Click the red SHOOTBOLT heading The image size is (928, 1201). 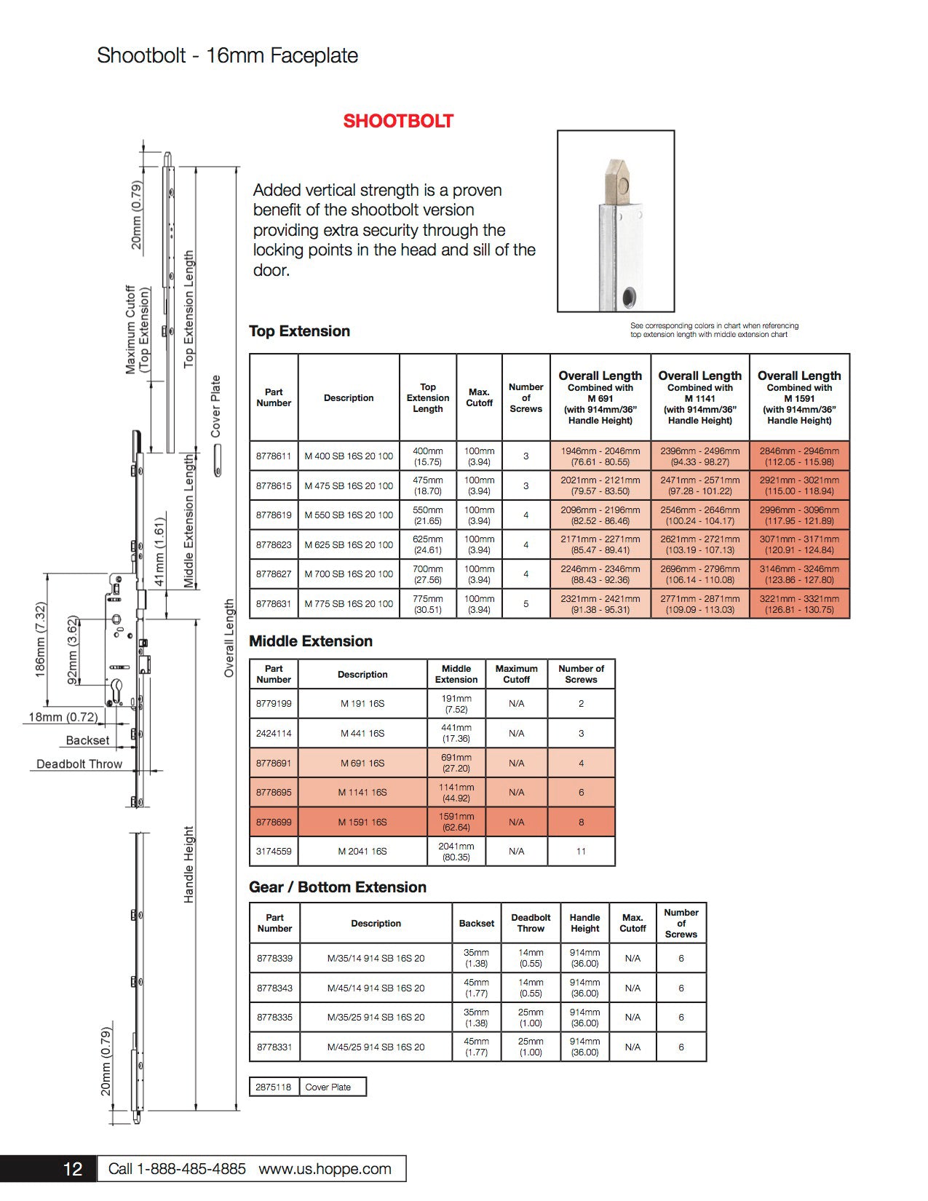click(398, 121)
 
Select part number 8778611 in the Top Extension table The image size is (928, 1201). click(274, 456)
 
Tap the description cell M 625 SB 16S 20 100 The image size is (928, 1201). click(349, 544)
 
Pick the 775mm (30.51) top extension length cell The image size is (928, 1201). click(428, 604)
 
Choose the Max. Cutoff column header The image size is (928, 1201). click(479, 397)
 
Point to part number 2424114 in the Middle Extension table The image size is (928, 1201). click(274, 734)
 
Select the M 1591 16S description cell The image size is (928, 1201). click(362, 823)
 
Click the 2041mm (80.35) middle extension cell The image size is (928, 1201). click(456, 852)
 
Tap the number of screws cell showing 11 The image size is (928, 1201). click(581, 852)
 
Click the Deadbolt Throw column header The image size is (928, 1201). click(531, 923)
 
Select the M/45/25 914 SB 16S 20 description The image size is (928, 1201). click(376, 1047)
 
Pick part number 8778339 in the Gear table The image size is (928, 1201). click(274, 959)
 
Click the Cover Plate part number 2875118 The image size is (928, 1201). click(273, 1087)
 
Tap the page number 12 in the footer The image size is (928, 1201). click(73, 1169)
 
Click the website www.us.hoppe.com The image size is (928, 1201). click(325, 1169)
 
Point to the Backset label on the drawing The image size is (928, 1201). click(87, 740)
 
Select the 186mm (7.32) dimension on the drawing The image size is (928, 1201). click(41, 640)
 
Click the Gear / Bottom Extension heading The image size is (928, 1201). click(338, 887)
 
